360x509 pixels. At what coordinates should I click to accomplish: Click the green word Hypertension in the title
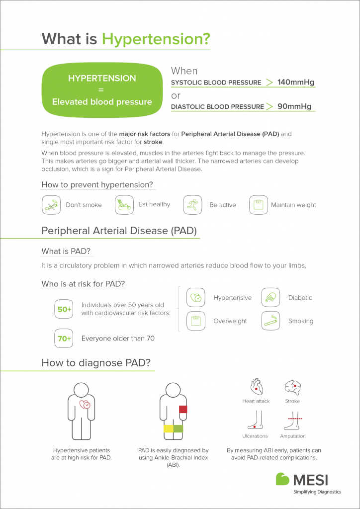[x=156, y=38]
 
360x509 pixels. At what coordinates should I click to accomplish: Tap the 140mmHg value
[x=296, y=82]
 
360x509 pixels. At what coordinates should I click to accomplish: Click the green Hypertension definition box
[x=102, y=90]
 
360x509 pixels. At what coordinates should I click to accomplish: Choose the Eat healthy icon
[x=124, y=205]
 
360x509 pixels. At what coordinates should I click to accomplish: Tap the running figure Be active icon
[x=192, y=205]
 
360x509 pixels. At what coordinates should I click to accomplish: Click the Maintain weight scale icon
[x=258, y=205]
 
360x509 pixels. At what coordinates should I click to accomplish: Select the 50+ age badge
[x=64, y=309]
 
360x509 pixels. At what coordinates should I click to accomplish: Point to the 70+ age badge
[x=64, y=339]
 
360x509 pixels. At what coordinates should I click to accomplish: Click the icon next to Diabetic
[x=270, y=297]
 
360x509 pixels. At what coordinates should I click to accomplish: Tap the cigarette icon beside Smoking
[x=270, y=321]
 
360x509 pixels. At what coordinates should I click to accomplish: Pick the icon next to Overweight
[x=196, y=321]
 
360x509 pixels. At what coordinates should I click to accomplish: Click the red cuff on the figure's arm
[x=182, y=409]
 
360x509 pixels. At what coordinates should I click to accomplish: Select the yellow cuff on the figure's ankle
[x=168, y=428]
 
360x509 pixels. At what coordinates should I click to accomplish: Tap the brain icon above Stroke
[x=292, y=387]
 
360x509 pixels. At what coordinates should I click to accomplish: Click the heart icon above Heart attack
[x=256, y=386]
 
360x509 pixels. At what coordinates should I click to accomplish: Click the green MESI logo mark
[x=283, y=479]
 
